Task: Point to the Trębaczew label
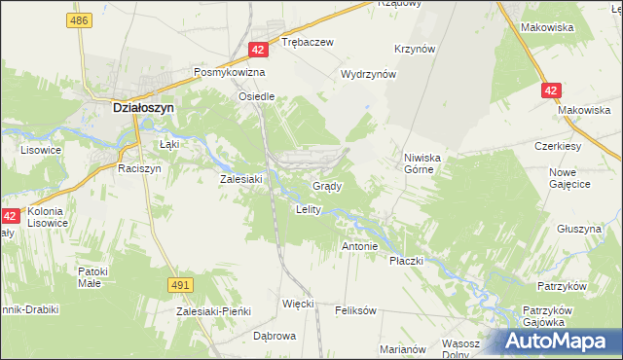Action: coord(308,43)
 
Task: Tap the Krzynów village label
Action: coord(414,49)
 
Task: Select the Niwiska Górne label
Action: coord(423,162)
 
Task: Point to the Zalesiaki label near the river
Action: coord(242,179)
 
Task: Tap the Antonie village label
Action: coord(359,246)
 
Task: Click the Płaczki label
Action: coord(407,261)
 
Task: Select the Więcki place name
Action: coord(298,304)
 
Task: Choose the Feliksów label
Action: coord(355,310)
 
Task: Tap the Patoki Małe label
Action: coord(103,277)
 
